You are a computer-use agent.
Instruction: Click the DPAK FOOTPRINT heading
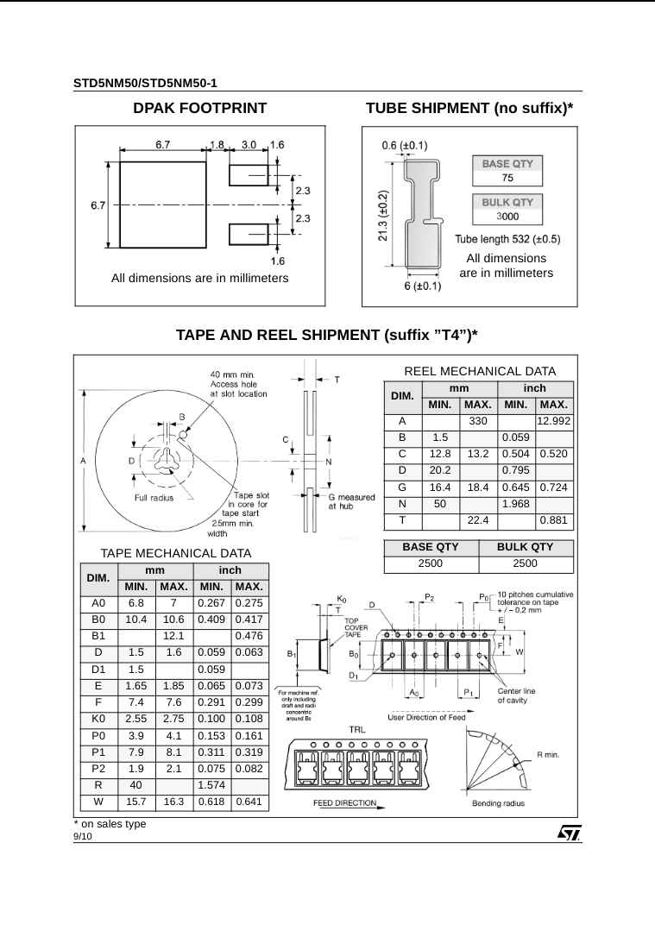(199, 109)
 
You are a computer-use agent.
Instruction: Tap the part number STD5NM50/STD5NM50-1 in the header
(145, 84)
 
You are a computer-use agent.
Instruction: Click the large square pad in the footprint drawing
(162, 204)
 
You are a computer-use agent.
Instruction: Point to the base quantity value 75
(508, 178)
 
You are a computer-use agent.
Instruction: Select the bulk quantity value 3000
(507, 216)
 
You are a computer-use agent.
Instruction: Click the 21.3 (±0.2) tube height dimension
(382, 217)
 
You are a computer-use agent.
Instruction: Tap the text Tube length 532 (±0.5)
(507, 239)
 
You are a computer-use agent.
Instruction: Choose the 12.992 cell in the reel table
(554, 420)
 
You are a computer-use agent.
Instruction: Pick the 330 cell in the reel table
(478, 420)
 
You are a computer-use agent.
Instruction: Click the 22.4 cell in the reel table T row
(478, 519)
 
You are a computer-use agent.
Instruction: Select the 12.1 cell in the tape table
(174, 636)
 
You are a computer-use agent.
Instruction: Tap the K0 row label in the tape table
(98, 719)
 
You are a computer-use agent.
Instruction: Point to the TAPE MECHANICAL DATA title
(176, 553)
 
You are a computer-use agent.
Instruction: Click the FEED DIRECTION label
(344, 803)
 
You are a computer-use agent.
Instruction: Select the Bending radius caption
(498, 803)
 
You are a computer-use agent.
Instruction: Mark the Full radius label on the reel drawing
(153, 498)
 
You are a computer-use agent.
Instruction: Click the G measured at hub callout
(351, 501)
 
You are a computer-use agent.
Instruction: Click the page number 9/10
(83, 837)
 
